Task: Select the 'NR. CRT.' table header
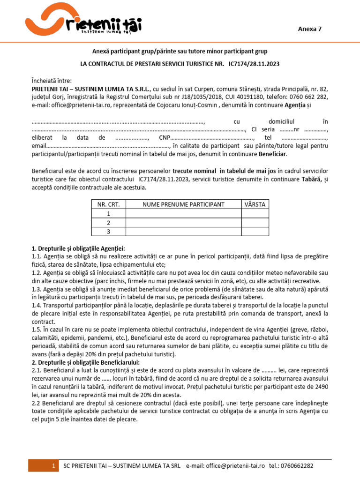pos(108,204)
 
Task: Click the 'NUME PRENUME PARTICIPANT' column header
pos(183,204)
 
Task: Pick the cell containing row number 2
pos(108,223)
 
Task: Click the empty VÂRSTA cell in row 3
pos(255,232)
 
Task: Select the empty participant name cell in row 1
pos(183,214)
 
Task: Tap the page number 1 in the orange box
pos(54,465)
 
